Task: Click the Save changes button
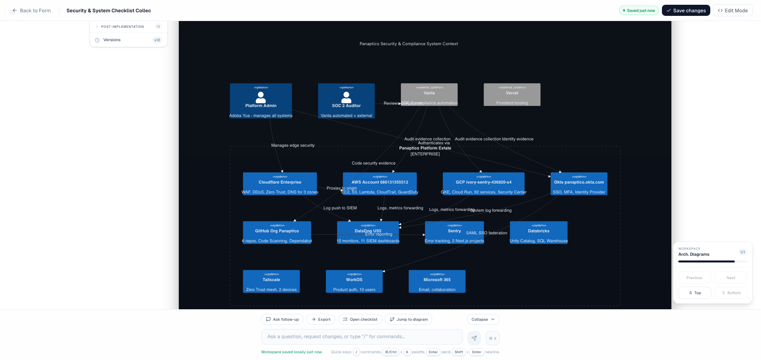point(686,11)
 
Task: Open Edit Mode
point(732,11)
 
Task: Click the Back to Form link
point(31,11)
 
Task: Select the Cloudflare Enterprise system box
point(280,184)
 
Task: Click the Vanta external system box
point(429,94)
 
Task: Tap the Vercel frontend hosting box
point(512,94)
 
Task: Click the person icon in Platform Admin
point(261,97)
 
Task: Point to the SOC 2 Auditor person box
point(346,101)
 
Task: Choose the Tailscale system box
point(271,281)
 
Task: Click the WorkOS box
point(354,281)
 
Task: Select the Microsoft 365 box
point(437,281)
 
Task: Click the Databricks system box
point(538,233)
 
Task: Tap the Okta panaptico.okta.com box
point(579,184)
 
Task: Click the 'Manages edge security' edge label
point(293,146)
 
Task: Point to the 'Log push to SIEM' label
point(340,208)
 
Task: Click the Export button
point(321,320)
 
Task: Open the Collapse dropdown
point(483,320)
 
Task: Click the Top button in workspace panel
point(694,293)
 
